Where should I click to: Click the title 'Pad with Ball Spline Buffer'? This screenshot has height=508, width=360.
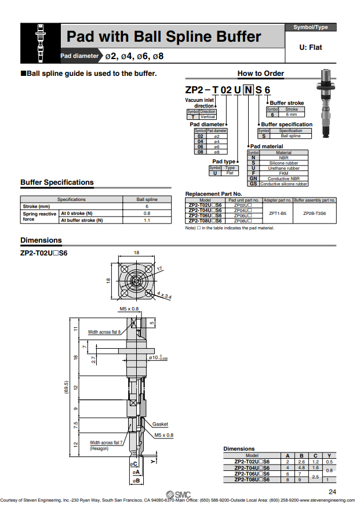tap(163, 37)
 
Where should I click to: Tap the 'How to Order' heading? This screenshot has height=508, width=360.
tap(260, 74)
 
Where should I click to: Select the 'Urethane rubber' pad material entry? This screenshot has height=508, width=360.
tap(283, 168)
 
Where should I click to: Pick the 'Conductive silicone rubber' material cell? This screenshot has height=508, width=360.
tap(283, 184)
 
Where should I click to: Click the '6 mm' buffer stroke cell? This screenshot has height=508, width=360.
tap(292, 114)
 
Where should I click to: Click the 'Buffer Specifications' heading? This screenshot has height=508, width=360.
tap(57, 182)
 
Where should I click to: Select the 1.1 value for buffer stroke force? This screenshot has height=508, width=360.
tap(147, 220)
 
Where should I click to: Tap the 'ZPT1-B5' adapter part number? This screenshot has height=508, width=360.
tap(277, 213)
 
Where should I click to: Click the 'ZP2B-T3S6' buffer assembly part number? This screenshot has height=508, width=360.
tap(314, 213)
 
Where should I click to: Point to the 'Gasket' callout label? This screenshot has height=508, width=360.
tap(160, 424)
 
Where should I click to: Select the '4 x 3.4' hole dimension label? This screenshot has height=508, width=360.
tap(165, 297)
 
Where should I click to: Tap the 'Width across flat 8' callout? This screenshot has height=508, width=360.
tap(104, 332)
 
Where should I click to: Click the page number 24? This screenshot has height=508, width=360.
tap(332, 492)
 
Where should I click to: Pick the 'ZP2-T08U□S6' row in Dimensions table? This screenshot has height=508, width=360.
tap(252, 480)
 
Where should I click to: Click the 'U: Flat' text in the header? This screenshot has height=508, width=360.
tap(310, 47)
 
